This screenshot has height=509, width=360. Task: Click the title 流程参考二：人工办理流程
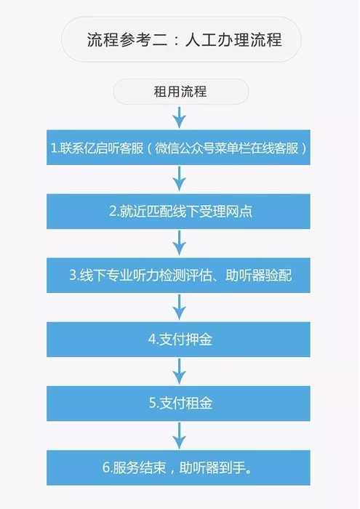click(184, 39)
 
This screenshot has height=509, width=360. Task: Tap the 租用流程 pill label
click(181, 92)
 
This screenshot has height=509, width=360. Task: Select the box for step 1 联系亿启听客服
click(178, 148)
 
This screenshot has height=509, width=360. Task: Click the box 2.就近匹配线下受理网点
click(178, 212)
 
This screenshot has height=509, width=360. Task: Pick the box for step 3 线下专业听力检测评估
click(178, 276)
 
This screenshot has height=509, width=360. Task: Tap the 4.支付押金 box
click(178, 340)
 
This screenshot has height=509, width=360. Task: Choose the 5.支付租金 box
click(178, 403)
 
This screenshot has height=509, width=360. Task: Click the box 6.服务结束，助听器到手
click(178, 468)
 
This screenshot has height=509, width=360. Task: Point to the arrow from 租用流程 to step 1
click(179, 117)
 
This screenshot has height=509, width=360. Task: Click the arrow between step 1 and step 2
click(179, 179)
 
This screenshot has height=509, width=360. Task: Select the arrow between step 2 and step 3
click(179, 243)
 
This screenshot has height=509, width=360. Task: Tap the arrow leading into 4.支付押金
click(179, 307)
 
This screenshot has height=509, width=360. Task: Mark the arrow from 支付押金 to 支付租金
click(179, 371)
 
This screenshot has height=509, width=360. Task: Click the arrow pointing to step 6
click(179, 435)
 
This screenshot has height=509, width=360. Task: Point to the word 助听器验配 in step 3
click(258, 276)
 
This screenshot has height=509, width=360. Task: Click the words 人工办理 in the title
click(217, 39)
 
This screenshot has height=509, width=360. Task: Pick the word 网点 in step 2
click(239, 212)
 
